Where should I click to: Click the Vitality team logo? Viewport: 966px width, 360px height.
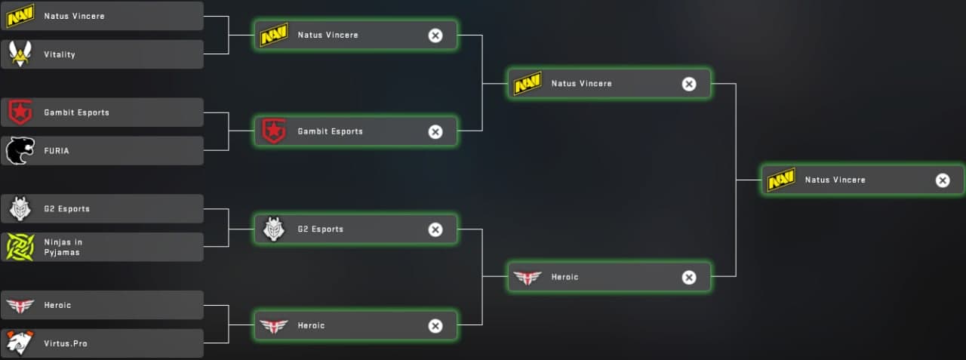point(20,54)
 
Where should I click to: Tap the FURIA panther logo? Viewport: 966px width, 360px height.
point(20,151)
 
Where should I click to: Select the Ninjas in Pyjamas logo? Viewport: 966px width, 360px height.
point(20,247)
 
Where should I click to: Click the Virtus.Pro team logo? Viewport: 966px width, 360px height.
point(20,343)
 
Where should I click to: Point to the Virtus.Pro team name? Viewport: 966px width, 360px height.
point(66,343)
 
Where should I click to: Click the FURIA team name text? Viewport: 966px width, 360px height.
point(57,151)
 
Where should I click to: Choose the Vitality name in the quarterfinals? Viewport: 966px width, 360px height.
point(60,54)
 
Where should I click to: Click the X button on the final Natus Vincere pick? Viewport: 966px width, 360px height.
point(943,180)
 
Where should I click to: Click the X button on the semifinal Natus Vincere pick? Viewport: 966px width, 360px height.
point(689,84)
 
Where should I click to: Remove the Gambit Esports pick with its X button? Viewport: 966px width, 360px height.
point(435,131)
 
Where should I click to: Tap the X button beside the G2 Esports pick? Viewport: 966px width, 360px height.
point(435,229)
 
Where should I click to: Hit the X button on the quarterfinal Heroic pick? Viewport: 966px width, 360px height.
point(435,326)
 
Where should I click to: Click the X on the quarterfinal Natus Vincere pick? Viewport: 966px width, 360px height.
point(435,35)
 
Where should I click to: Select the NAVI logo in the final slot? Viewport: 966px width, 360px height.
point(780,180)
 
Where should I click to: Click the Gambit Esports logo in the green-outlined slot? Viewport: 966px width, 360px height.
point(273,131)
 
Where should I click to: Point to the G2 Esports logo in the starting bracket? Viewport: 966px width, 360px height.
point(20,208)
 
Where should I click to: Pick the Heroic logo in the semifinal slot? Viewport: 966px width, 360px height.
point(527,277)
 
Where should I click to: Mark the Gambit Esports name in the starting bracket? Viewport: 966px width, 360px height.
point(76,112)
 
